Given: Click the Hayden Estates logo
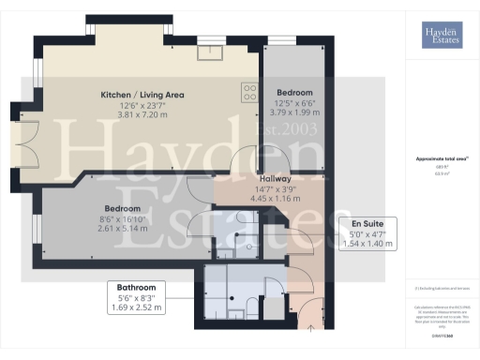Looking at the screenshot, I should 439,35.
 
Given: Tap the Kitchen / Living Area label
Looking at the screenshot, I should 142,95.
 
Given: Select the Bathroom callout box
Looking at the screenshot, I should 136,295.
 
